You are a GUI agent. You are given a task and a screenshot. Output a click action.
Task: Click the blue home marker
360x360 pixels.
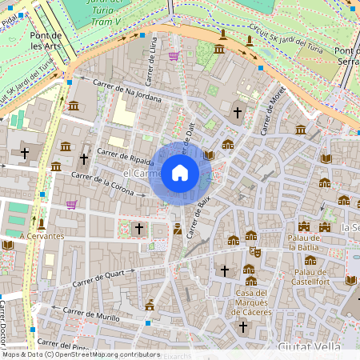coord(180,173)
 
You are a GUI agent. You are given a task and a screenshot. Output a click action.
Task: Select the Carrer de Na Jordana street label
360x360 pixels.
coord(127,92)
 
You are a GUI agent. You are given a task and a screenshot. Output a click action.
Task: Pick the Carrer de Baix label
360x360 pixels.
coord(204,216)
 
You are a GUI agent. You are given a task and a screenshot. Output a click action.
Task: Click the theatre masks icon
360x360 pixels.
coord(255,251)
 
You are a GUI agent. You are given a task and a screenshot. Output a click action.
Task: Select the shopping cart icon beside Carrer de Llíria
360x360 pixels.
coord(174,56)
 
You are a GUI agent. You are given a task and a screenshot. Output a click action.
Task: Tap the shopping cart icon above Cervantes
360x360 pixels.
coord(72,205)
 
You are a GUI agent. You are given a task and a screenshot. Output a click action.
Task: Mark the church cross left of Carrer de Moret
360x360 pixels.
coord(237,113)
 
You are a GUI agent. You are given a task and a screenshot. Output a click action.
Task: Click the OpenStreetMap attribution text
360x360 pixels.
coord(80,354)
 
